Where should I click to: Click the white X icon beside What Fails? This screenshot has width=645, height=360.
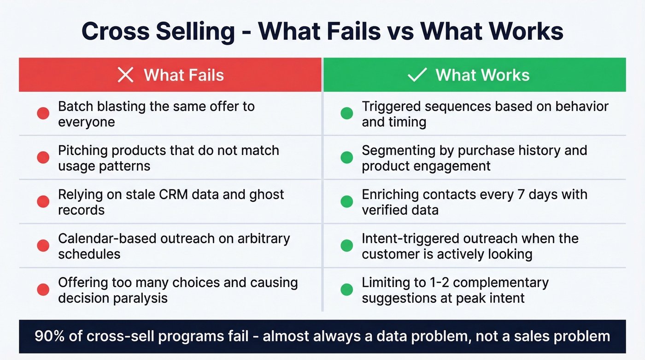[x=125, y=75]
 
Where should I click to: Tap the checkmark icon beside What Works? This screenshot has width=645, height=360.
[x=417, y=75]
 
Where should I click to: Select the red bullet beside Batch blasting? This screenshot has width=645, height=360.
[x=43, y=113]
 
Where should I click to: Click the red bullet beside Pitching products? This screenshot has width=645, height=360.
[x=43, y=158]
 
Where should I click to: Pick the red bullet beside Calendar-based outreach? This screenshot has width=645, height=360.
[x=43, y=246]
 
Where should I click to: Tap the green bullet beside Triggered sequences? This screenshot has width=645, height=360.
[x=346, y=113]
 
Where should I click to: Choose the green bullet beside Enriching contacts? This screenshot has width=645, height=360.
[x=346, y=201]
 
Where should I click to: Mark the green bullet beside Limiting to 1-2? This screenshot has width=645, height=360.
[x=346, y=289]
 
